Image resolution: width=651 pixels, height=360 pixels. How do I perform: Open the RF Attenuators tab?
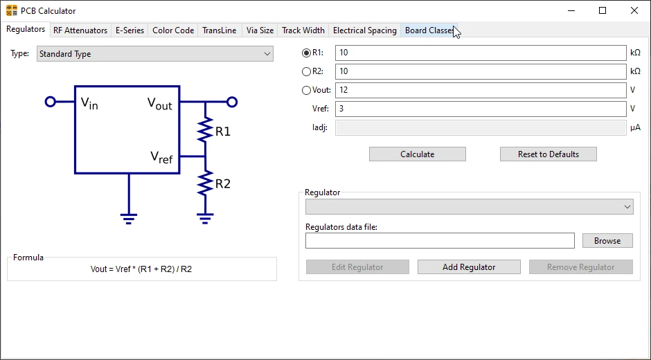click(80, 30)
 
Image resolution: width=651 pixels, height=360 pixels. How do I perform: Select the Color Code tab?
click(173, 30)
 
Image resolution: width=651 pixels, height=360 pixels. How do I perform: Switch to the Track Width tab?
click(303, 30)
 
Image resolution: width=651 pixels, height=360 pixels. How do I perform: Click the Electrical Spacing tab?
click(364, 30)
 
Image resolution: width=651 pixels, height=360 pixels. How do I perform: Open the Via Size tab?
click(260, 30)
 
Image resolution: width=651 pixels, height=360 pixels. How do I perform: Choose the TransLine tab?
click(219, 30)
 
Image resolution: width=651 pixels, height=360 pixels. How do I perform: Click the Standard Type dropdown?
click(155, 54)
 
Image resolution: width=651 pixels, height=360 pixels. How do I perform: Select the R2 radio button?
click(307, 71)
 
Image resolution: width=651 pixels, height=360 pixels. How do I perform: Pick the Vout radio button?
click(307, 90)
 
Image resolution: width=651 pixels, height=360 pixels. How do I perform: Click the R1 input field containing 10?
click(480, 53)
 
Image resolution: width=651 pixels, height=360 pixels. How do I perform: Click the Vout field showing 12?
click(480, 90)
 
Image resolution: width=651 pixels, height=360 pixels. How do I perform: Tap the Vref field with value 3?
click(480, 109)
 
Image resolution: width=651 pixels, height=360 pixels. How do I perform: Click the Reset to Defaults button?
click(548, 154)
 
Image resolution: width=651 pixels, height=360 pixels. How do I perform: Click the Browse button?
click(607, 241)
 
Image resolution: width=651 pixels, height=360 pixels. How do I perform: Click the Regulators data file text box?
click(440, 241)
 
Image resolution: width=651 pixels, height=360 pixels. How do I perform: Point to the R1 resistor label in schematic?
click(222, 132)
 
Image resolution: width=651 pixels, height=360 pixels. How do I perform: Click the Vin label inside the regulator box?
click(89, 103)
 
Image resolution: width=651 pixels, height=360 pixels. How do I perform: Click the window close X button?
click(634, 10)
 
